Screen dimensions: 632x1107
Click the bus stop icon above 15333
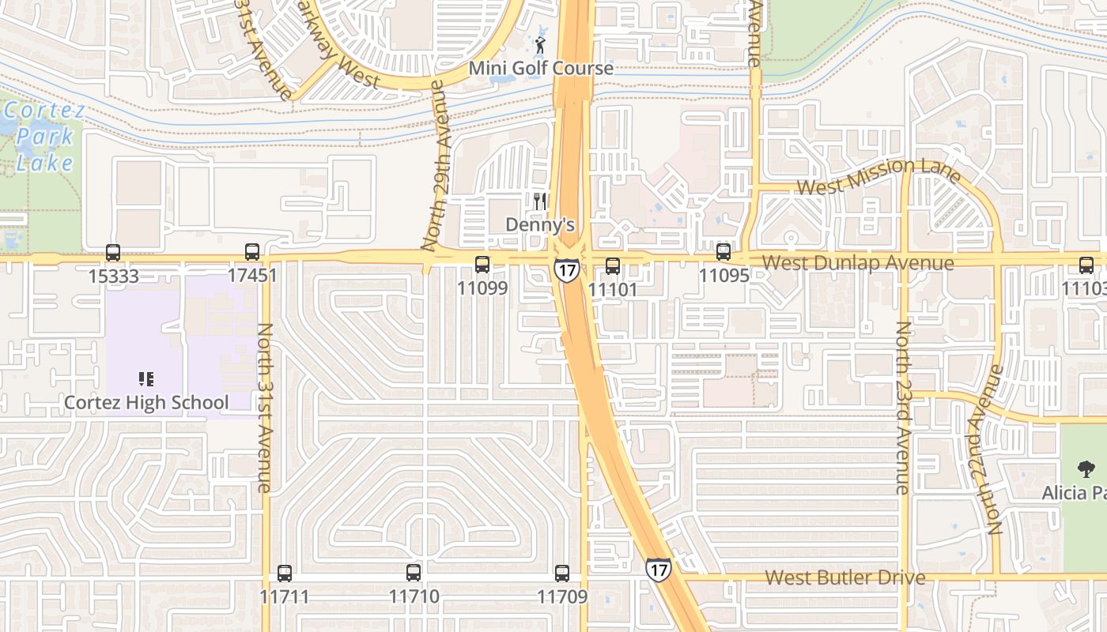click(x=113, y=253)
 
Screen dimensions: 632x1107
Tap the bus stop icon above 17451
click(x=252, y=252)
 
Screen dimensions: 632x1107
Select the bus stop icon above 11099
click(x=482, y=265)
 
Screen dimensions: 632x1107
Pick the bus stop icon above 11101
click(x=613, y=266)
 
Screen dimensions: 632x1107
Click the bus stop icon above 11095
click(x=724, y=252)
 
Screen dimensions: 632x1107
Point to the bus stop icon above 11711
click(x=285, y=574)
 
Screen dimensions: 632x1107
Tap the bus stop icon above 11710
click(x=414, y=574)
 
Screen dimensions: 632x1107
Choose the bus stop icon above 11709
click(x=562, y=574)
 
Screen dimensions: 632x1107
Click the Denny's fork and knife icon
click(x=540, y=201)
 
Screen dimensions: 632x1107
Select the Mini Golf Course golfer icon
click(x=540, y=44)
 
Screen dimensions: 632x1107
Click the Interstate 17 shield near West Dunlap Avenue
click(x=566, y=269)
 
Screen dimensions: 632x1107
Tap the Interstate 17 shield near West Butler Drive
click(x=658, y=569)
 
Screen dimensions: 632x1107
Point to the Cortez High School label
click(x=146, y=403)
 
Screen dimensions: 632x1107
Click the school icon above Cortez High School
click(x=145, y=380)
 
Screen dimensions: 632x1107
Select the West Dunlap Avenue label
click(x=858, y=263)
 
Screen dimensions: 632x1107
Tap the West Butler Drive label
click(x=845, y=577)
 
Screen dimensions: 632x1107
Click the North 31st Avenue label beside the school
click(x=266, y=408)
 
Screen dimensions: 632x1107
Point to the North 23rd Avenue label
click(x=903, y=408)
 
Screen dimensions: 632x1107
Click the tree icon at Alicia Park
click(x=1086, y=469)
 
